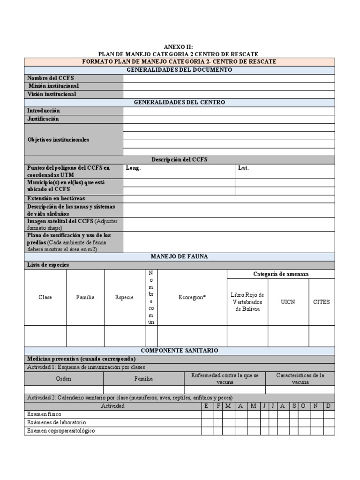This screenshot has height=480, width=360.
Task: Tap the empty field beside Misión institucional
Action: point(229,86)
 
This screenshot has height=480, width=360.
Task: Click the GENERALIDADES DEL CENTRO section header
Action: point(180,102)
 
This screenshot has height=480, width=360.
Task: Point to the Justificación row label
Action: point(43,119)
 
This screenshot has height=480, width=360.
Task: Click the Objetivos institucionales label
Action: point(58,140)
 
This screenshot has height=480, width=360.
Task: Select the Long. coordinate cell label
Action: point(134,168)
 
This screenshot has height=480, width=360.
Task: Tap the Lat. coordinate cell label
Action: point(243,168)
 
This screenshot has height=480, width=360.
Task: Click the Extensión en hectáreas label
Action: point(56,199)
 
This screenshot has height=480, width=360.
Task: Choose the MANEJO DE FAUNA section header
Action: point(180,256)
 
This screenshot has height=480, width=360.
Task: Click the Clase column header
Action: point(45,297)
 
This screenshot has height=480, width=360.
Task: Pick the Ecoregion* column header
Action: point(192,297)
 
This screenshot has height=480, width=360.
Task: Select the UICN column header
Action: point(288,302)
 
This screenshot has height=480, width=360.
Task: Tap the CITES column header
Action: point(322,302)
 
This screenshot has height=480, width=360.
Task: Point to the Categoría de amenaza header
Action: point(281,274)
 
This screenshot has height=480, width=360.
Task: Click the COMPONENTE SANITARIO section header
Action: point(180,351)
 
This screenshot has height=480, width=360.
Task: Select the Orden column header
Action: point(64,379)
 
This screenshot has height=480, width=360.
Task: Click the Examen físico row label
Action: point(44,414)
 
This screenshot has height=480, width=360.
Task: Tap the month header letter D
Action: point(329,406)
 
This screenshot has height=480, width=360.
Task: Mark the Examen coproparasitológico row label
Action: point(61,431)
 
